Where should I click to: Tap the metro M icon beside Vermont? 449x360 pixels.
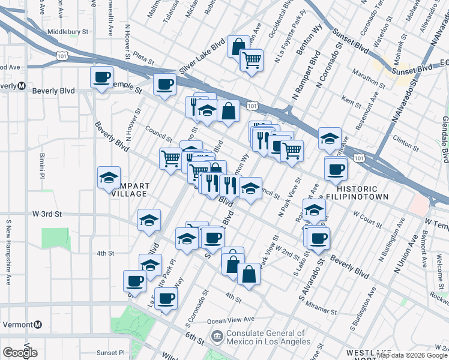[37, 324]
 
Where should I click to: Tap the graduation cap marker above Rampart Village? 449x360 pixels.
[109, 178]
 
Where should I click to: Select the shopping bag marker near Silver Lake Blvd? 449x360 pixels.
[238, 46]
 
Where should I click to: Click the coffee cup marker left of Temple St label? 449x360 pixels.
[101, 77]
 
